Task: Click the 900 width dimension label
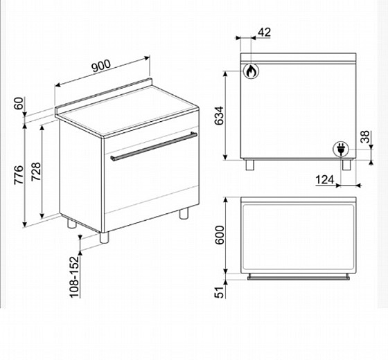pyautogui.click(x=101, y=65)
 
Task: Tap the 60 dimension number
pyautogui.click(x=19, y=103)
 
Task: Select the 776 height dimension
pyautogui.click(x=19, y=174)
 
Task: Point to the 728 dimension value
pyautogui.click(x=36, y=172)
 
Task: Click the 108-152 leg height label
pyautogui.click(x=74, y=277)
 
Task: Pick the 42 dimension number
pyautogui.click(x=264, y=32)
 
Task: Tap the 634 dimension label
pyautogui.click(x=219, y=116)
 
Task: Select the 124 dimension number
pyautogui.click(x=325, y=180)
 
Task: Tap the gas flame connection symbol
pyautogui.click(x=251, y=71)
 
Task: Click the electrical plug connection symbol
pyautogui.click(x=341, y=150)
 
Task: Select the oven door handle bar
pyautogui.click(x=154, y=147)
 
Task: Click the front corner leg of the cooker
pyautogui.click(x=104, y=237)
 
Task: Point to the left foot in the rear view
pyautogui.click(x=250, y=165)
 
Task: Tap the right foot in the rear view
pyautogui.click(x=346, y=165)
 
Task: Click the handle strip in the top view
pyautogui.click(x=299, y=277)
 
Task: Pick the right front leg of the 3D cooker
pyautogui.click(x=184, y=213)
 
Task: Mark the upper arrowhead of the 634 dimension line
pyautogui.click(x=225, y=73)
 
